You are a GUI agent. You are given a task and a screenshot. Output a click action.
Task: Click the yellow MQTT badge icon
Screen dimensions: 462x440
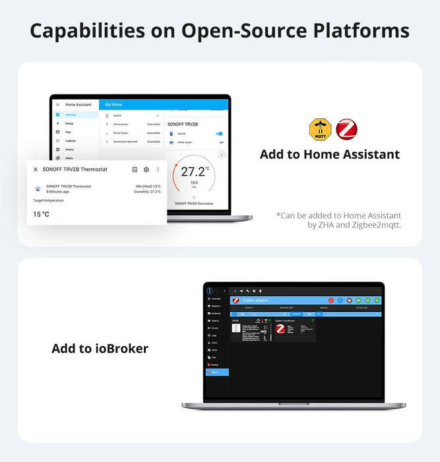(x=320, y=129)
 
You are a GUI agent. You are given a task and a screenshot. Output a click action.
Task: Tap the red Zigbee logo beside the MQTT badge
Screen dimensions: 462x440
(x=346, y=129)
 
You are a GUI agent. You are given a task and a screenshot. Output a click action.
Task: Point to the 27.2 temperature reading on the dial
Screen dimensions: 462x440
(x=193, y=172)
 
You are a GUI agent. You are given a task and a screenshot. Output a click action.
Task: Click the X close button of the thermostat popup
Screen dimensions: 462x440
(x=36, y=170)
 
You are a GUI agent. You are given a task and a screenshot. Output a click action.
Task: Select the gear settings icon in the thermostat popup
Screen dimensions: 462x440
(x=146, y=170)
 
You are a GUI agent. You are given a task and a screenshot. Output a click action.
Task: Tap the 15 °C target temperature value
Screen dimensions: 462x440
(x=41, y=214)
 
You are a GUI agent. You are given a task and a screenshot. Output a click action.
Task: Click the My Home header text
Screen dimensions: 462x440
(x=113, y=104)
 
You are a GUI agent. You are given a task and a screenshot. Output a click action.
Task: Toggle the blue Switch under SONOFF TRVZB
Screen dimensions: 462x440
(x=219, y=133)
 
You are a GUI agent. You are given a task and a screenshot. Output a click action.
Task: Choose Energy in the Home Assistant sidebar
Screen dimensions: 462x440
(x=69, y=123)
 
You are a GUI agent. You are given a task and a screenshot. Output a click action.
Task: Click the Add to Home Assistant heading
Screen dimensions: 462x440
(x=329, y=154)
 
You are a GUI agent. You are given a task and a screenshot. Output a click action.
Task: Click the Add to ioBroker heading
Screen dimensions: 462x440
(x=100, y=348)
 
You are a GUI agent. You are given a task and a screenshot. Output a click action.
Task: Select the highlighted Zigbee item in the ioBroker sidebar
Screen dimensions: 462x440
(x=218, y=372)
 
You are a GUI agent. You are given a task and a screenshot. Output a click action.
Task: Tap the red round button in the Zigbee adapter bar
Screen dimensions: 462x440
(x=331, y=300)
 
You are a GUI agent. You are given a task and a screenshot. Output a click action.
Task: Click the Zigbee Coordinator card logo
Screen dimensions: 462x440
(x=280, y=328)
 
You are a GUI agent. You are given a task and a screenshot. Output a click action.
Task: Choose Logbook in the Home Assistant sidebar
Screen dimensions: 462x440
(x=70, y=141)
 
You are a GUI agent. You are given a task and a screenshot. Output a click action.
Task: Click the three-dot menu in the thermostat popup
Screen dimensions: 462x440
(x=158, y=170)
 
